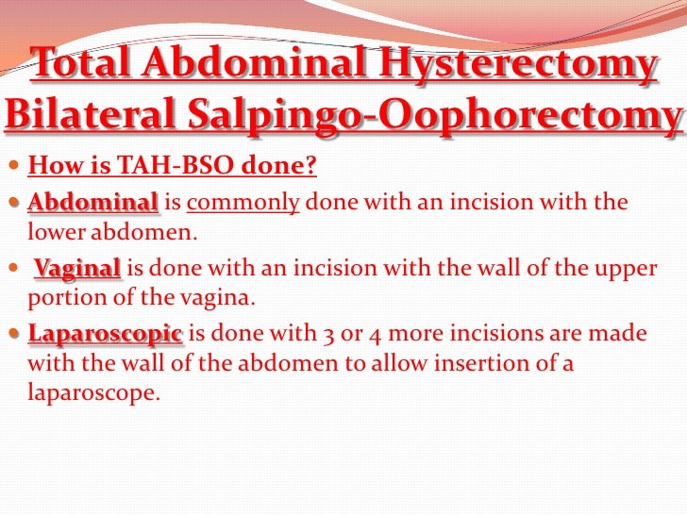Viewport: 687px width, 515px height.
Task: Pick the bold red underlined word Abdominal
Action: (x=92, y=203)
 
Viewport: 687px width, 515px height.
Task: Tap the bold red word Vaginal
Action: (x=78, y=269)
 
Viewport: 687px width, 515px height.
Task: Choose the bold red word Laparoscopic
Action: (x=107, y=334)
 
